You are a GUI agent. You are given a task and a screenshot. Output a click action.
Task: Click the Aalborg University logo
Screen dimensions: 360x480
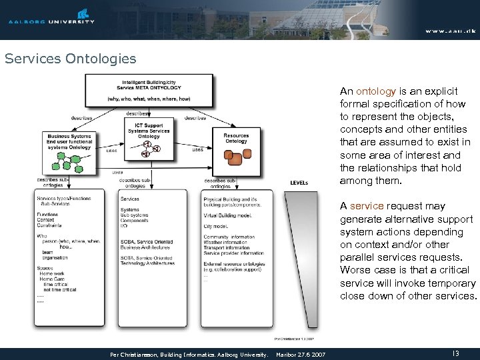(51, 16)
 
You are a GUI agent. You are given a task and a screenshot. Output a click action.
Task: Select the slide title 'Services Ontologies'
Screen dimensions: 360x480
(70, 59)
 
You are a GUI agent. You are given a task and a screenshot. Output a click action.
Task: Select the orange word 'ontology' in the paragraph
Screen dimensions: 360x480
(376, 91)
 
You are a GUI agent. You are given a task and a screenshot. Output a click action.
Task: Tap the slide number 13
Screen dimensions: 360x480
(455, 353)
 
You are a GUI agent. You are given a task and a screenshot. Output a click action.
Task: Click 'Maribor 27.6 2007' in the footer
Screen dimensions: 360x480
(301, 353)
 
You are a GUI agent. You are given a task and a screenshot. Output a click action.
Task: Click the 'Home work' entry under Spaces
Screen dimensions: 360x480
(53, 274)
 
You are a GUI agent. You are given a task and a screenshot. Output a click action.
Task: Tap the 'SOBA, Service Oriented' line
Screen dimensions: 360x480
(146, 242)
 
